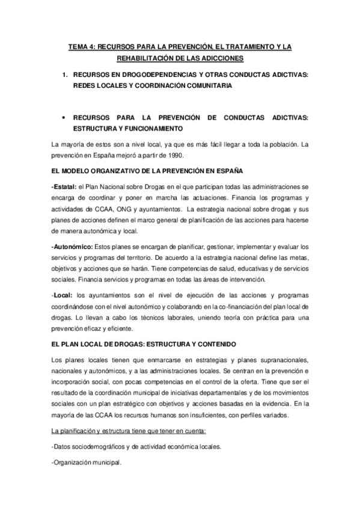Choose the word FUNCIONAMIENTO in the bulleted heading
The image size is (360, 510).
148,129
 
